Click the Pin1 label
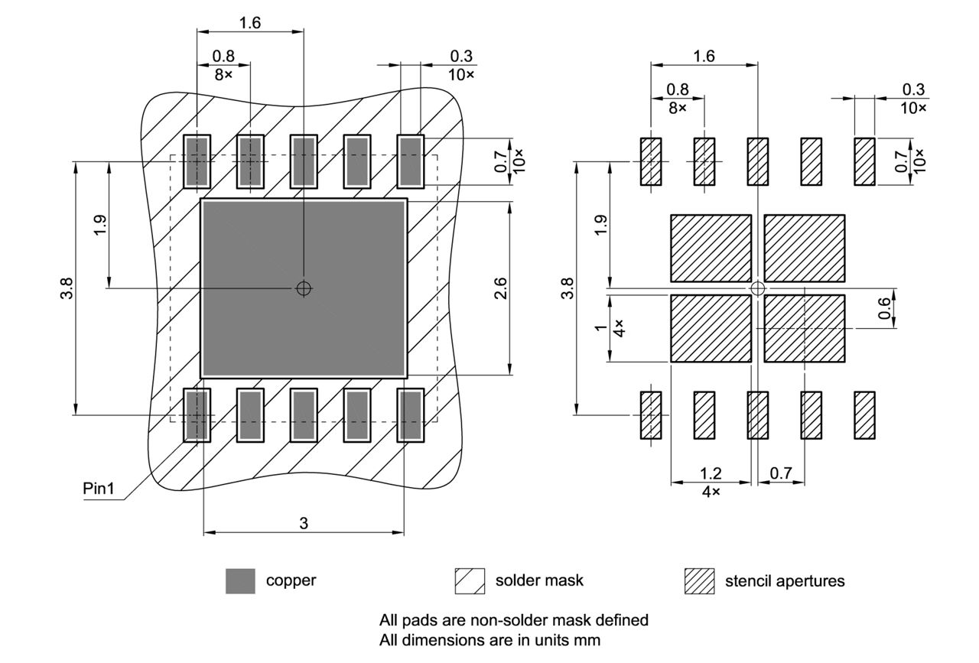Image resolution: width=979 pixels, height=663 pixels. [98, 489]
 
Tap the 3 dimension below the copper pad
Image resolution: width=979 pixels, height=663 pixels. [304, 523]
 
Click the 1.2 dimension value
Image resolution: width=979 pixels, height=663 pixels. [711, 474]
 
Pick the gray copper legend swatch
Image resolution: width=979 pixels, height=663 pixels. [240, 581]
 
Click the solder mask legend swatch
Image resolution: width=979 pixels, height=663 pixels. [470, 581]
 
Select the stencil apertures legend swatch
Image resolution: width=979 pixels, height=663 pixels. [699, 581]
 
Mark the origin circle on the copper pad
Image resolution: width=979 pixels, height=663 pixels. [304, 288]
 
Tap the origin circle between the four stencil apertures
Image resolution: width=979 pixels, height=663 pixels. [757, 288]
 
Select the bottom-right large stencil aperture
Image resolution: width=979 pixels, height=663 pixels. [805, 328]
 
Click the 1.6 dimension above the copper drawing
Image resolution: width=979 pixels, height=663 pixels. [250, 23]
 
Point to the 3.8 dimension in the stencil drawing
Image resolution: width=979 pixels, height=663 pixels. [567, 289]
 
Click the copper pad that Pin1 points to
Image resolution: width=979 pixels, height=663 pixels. [197, 414]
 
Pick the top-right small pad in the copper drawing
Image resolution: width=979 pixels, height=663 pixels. [411, 161]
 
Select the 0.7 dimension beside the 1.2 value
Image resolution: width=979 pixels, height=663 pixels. [781, 474]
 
